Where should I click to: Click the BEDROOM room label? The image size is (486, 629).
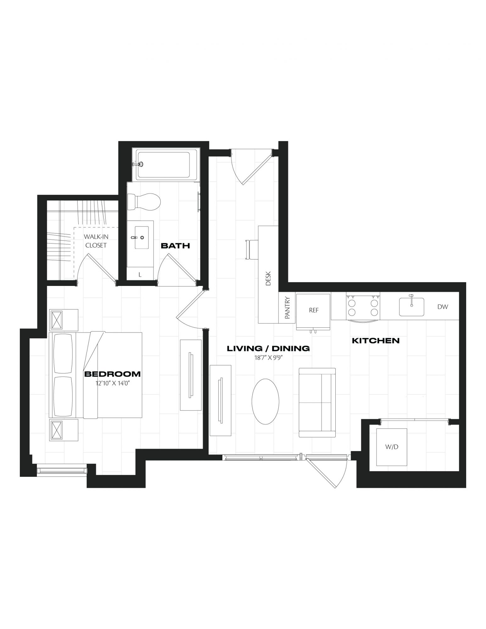tap(112, 374)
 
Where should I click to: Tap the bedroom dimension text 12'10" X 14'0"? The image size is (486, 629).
tap(113, 383)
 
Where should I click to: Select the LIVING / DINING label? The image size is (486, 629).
tap(268, 348)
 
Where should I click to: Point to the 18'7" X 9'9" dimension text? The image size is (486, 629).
tap(268, 357)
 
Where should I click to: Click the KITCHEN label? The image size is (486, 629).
tap(376, 340)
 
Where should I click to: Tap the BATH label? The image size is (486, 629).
tap(175, 246)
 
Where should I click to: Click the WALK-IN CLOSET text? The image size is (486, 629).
tap(96, 241)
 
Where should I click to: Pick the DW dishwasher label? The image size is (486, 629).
tap(443, 307)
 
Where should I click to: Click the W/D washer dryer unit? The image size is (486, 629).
tap(392, 447)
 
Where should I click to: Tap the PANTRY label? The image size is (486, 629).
tap(287, 308)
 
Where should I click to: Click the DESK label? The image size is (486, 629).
tap(268, 278)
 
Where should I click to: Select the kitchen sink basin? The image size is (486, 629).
tap(411, 307)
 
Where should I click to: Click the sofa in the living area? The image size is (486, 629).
tap(317, 403)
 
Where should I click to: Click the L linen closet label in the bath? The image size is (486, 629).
tap(140, 275)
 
